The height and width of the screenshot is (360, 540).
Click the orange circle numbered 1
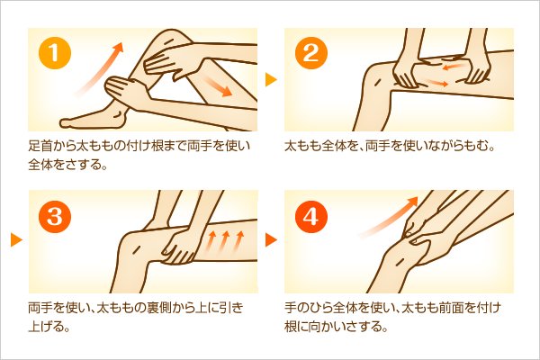[x=55, y=53]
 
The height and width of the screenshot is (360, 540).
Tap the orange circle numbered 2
[x=311, y=53]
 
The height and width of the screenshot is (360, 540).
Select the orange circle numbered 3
[x=55, y=216]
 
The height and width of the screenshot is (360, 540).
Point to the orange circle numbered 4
[x=311, y=216]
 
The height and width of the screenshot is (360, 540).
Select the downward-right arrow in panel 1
[x=216, y=86]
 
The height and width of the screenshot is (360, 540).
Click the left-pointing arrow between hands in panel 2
[x=454, y=65]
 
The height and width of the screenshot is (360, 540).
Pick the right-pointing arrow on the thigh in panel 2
[x=436, y=82]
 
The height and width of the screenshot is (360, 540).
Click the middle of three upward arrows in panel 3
[x=225, y=240]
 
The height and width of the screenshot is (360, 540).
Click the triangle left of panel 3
[x=16, y=239]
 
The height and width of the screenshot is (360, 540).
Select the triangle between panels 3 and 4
[x=271, y=239]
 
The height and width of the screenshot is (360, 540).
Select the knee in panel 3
[x=136, y=248]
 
